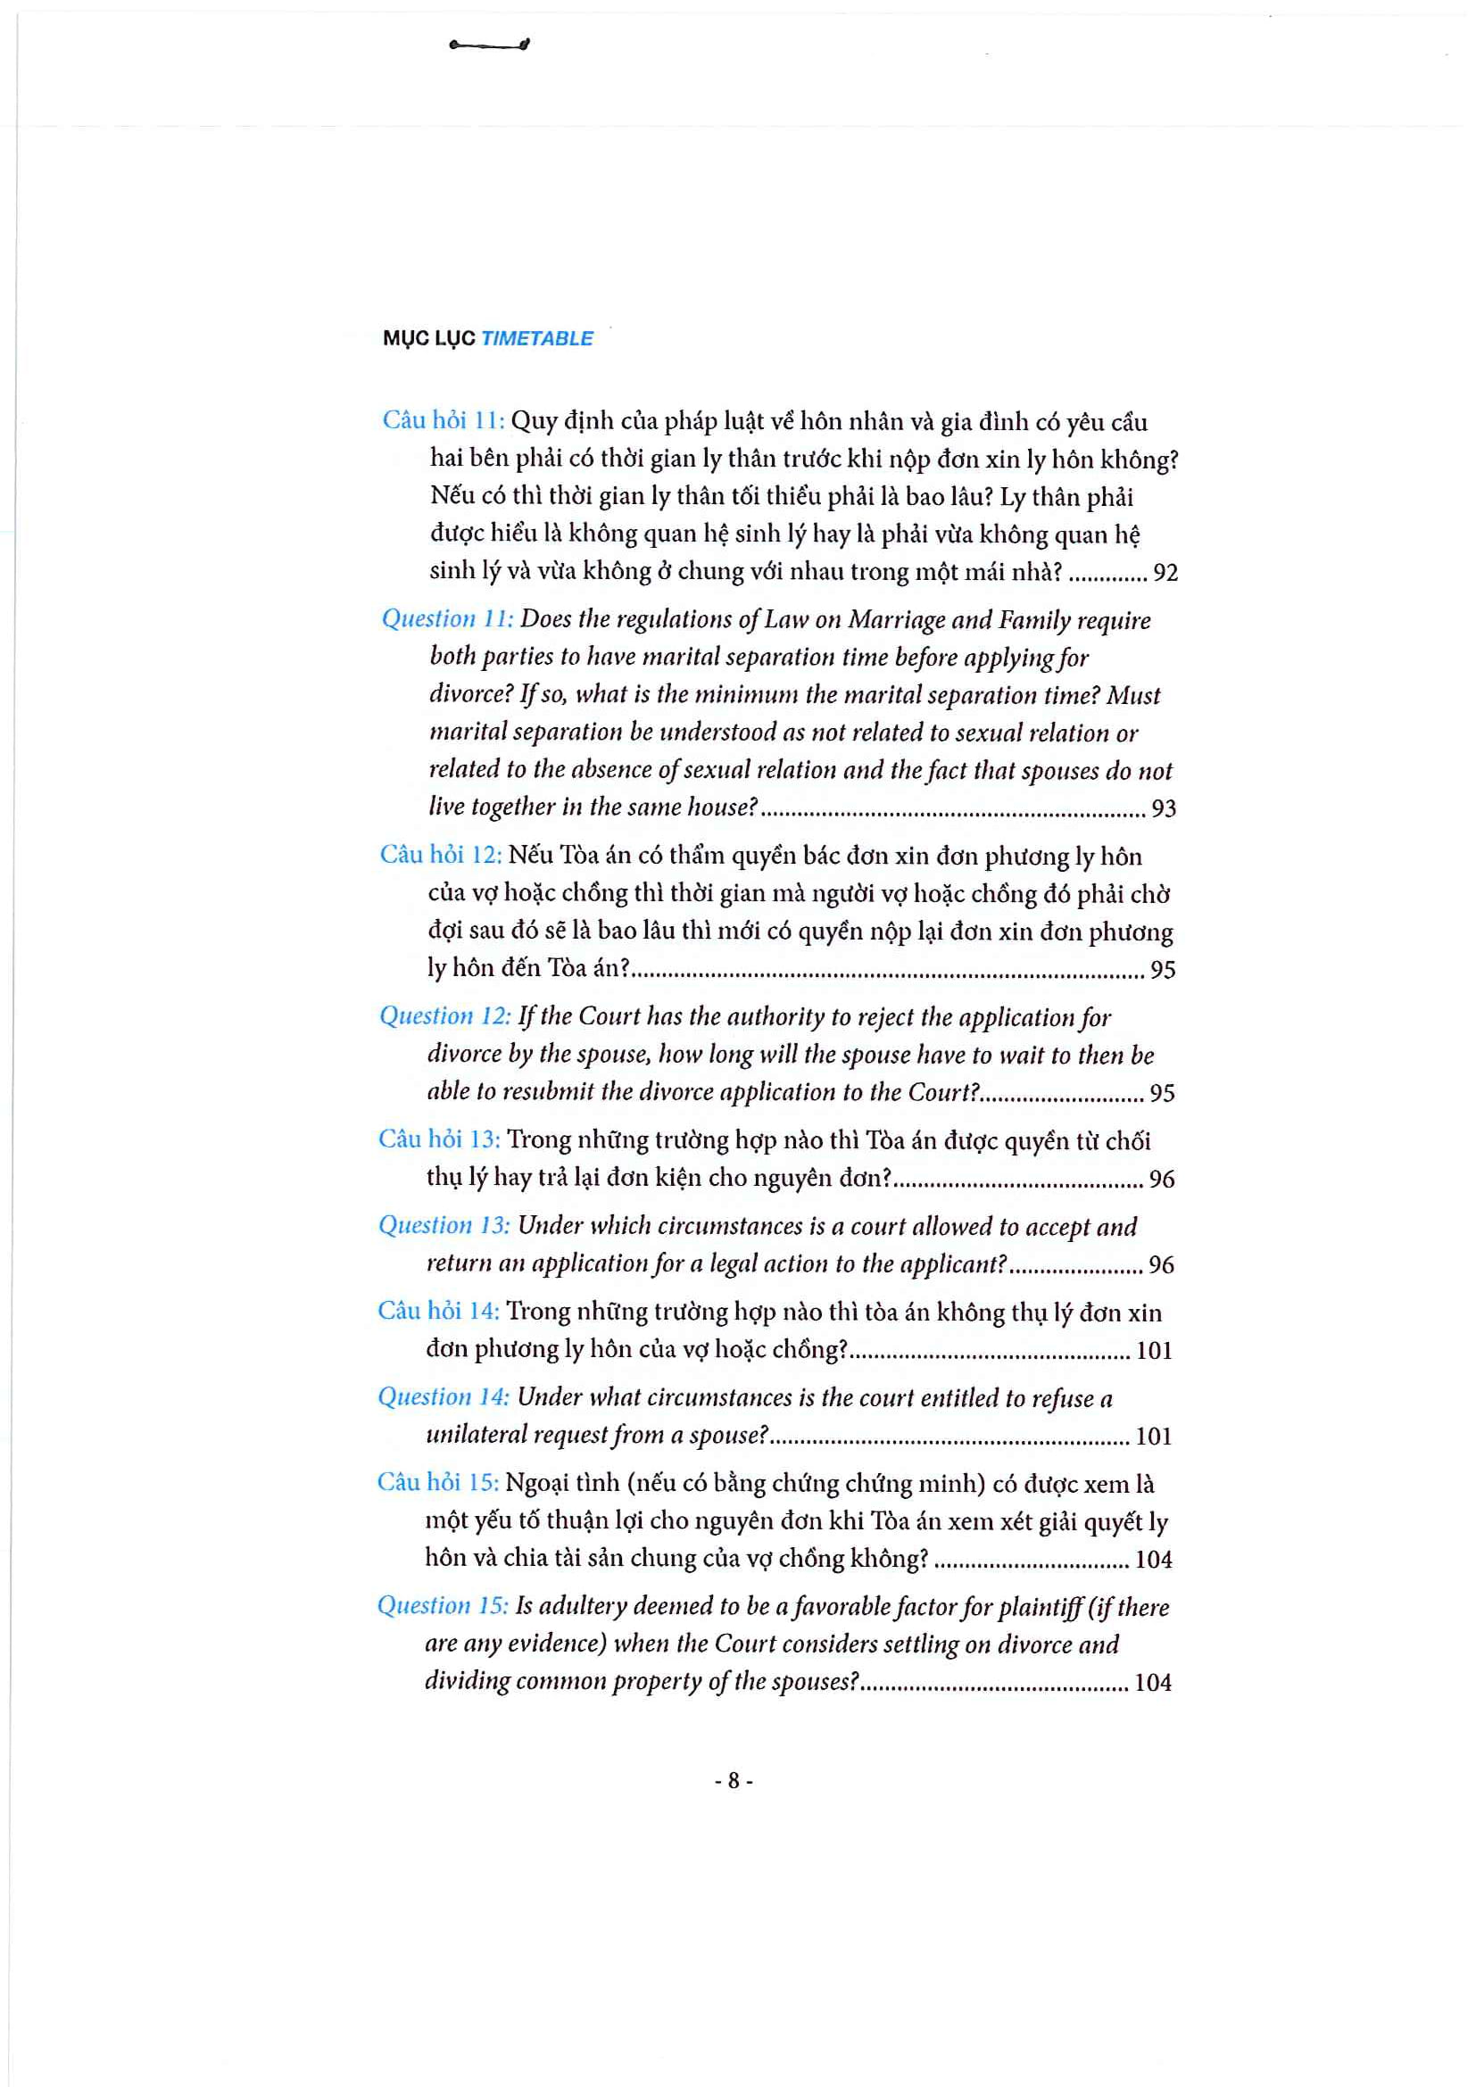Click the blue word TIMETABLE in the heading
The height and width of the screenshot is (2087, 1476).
536,338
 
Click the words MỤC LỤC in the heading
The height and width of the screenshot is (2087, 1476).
429,338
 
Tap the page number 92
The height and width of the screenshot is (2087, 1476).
1165,573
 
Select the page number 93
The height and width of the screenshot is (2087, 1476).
1164,808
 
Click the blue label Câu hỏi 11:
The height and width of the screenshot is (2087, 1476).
443,420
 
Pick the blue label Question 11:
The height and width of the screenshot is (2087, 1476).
447,619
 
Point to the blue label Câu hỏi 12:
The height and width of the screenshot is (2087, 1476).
441,855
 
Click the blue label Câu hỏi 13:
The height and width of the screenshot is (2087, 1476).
439,1139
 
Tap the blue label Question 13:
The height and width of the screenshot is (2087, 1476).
444,1225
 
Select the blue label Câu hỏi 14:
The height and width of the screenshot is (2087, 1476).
438,1311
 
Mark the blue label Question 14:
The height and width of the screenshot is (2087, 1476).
444,1397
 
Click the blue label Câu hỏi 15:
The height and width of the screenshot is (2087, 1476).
437,1483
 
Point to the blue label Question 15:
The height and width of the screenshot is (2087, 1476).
443,1606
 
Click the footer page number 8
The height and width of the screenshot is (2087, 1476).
734,1781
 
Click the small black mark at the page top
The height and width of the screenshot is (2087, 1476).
490,45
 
